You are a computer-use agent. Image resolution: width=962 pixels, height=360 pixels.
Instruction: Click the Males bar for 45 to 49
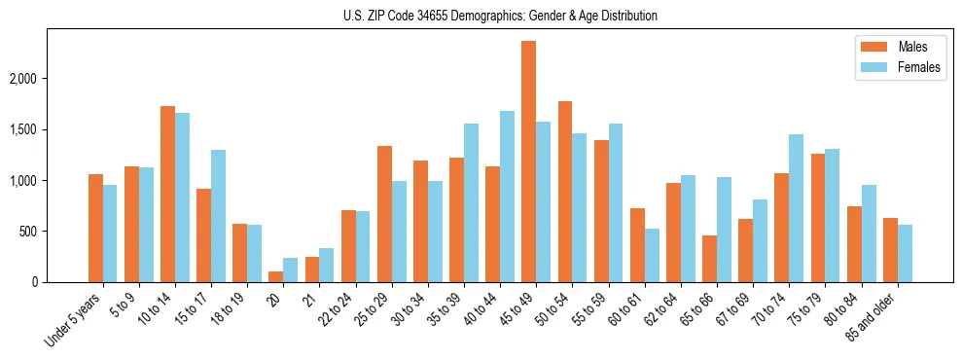pos(528,162)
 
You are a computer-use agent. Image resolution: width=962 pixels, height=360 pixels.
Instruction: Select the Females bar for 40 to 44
pos(507,197)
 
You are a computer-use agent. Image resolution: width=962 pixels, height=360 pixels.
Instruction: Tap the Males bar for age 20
pos(275,276)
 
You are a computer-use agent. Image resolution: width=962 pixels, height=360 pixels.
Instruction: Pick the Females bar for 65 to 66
pos(724,230)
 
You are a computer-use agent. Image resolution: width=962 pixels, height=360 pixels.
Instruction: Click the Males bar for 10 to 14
pos(167,194)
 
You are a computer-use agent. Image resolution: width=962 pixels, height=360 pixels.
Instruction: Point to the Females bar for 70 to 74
pos(796,208)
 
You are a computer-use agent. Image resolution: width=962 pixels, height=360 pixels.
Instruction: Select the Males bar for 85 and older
pos(890,250)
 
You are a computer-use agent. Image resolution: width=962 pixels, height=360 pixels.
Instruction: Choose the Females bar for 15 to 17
pos(218,216)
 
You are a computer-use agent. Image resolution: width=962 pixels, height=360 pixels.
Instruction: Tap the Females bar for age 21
pos(327,265)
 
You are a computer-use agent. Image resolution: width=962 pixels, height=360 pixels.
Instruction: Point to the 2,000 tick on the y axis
pos(44,79)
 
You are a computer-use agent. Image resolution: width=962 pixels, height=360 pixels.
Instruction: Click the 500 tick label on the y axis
pos(51,232)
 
